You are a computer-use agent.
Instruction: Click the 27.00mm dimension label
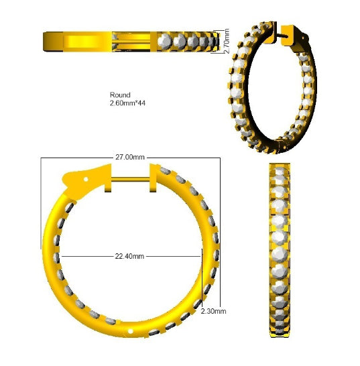tap(130, 157)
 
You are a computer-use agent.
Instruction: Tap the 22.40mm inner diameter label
tap(129, 256)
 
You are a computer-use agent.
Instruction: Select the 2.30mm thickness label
tap(214, 311)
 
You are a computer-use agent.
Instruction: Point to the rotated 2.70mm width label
tap(227, 42)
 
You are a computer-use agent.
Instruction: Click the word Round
tap(120, 95)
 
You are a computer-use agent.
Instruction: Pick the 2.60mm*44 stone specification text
tap(127, 103)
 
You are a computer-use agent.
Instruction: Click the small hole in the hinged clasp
tap(86, 179)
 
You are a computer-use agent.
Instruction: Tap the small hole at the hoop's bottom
tap(131, 331)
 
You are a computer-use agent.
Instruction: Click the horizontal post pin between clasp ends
tap(131, 179)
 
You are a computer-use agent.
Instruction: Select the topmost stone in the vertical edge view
tap(280, 170)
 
